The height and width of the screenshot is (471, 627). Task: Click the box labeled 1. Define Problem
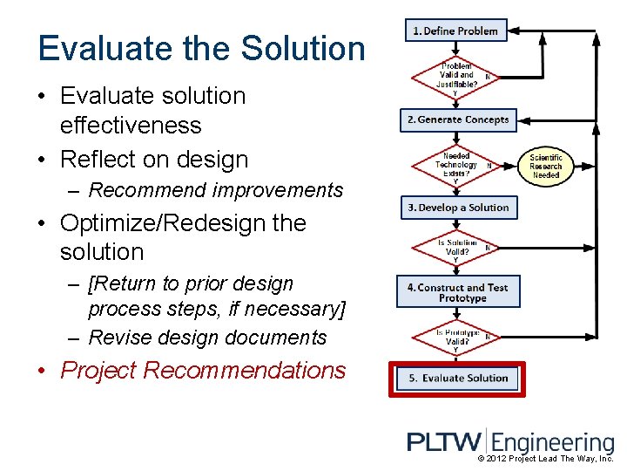pos(455,31)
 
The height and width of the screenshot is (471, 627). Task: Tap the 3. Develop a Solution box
pos(458,208)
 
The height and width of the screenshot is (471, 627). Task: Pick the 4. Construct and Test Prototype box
pos(458,293)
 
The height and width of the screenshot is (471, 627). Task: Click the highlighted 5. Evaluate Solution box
pos(458,378)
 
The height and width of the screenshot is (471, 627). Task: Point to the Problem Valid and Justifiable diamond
pos(456,76)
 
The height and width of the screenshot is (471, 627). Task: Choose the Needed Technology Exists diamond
pos(456,165)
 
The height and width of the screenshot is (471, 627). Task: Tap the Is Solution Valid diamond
pos(456,249)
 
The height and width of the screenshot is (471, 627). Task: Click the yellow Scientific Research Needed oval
pos(546,166)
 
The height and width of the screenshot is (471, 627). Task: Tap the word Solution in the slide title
pos(301,48)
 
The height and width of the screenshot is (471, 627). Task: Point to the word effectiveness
pos(131,126)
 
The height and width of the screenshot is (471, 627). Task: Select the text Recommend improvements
pos(216,190)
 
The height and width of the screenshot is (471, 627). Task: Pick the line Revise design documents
pos(207,338)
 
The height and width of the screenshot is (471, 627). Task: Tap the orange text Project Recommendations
pos(203,371)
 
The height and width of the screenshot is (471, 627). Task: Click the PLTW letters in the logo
pos(444,442)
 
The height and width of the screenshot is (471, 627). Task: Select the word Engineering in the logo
pos(556,442)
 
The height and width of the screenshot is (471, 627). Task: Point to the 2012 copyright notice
pos(546,459)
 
